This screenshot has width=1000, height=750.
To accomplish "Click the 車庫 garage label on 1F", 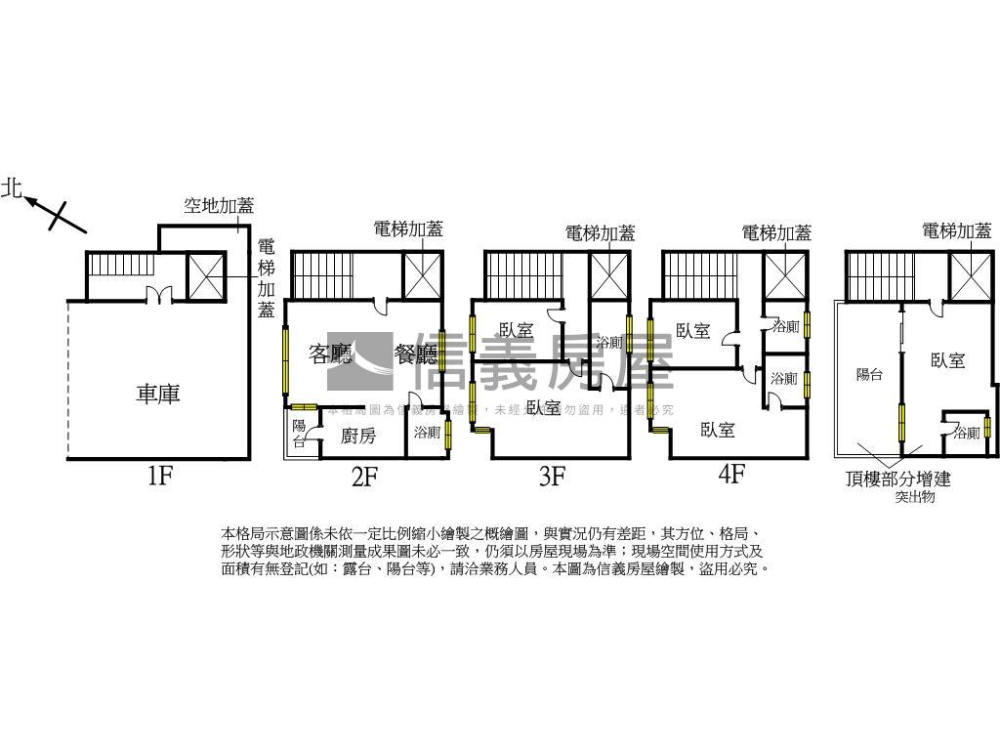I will coord(158,394).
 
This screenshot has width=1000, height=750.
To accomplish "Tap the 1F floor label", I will coord(160,477).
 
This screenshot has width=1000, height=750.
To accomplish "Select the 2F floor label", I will coord(364,477).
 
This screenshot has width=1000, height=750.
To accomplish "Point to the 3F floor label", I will coord(552,477).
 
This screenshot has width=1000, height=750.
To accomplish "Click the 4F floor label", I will coord(731,475).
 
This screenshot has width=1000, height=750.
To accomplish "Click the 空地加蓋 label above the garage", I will coord(219,206).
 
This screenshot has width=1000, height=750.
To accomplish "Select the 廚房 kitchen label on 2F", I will coord(358,436).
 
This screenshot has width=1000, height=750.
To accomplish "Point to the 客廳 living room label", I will coord(330,354).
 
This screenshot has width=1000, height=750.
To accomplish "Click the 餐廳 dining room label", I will coord(415,354).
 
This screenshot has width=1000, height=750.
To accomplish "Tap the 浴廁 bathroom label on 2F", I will coord(428,432).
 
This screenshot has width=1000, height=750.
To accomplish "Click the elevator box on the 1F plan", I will coord(205,275).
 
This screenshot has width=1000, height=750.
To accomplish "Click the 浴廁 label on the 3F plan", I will coord(609,343).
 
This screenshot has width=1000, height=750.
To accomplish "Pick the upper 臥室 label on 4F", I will coord(692,331).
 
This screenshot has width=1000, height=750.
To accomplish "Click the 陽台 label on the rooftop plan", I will coord(869,374).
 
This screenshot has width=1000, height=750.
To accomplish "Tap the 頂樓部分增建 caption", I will coord(898,479).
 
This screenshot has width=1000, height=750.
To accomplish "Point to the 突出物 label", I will coord(914,497).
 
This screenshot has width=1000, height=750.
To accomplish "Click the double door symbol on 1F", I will coord(158,293).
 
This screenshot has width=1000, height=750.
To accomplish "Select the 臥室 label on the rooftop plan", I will coord(947,360).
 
